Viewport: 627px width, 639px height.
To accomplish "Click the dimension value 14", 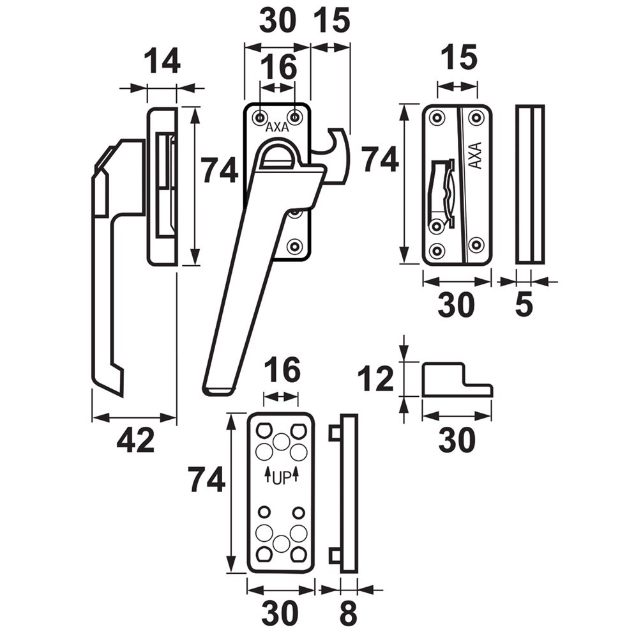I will (x=162, y=63).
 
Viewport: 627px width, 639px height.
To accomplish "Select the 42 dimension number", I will (x=135, y=441).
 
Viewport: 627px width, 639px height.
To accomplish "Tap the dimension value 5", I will (x=523, y=305).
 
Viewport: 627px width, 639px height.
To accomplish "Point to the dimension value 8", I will (x=348, y=613).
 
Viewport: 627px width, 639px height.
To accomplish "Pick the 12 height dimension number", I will (x=375, y=380).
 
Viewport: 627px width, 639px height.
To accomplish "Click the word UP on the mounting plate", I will (x=282, y=477).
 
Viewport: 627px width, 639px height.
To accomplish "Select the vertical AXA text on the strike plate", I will (x=474, y=154).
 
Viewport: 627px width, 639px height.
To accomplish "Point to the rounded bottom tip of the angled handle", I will (x=218, y=389).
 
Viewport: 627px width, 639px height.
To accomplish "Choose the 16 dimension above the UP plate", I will (x=282, y=370).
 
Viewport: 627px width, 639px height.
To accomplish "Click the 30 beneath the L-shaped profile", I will (x=457, y=441).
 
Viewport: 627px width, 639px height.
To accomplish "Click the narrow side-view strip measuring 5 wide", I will (x=530, y=184).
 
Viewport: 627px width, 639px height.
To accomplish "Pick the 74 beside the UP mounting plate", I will (x=206, y=480).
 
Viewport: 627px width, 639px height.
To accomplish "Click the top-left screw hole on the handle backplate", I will (x=260, y=116).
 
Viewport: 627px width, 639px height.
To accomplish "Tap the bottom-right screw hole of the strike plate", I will (x=476, y=244).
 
